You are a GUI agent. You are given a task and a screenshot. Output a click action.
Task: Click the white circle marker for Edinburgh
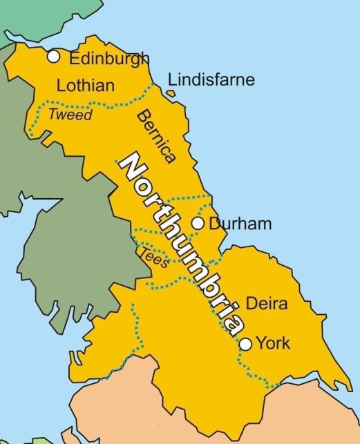point(53,57)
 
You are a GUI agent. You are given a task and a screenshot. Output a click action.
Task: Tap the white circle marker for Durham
point(198,223)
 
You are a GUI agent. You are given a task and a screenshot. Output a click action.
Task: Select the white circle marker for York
point(245,343)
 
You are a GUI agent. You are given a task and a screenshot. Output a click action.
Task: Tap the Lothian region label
point(86,86)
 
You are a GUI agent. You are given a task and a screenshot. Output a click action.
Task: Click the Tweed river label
point(70,115)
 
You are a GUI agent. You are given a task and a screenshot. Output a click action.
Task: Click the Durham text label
point(240,224)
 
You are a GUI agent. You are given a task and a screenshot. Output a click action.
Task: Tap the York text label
point(274,343)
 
